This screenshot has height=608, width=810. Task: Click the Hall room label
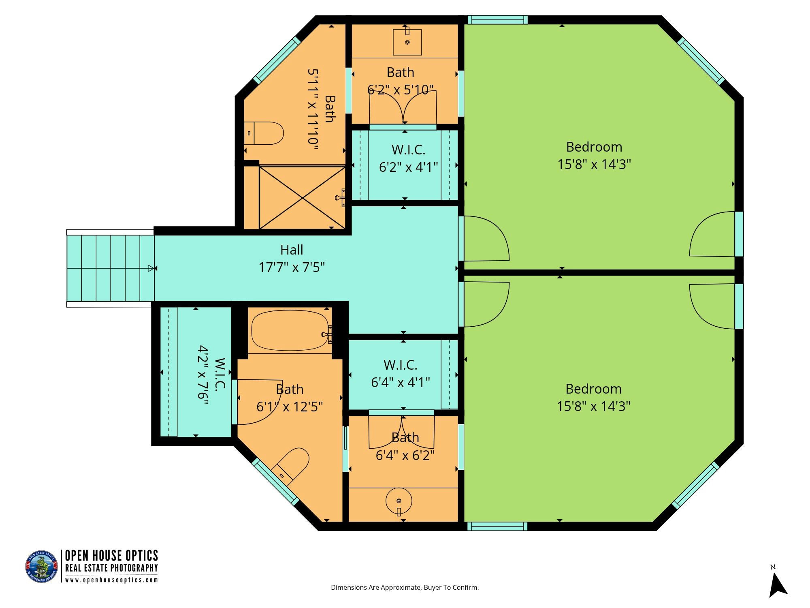(292, 250)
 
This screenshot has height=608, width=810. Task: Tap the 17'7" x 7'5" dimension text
(292, 268)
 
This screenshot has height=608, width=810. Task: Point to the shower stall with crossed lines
(302, 197)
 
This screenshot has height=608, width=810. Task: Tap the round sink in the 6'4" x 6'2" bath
(399, 502)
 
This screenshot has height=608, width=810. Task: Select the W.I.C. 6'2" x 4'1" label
(409, 158)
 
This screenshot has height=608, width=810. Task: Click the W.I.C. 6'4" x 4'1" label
(401, 373)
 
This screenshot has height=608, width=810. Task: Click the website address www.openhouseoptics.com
(111, 580)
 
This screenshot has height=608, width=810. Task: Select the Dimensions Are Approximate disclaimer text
(405, 587)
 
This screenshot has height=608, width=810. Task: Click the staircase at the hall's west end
(110, 268)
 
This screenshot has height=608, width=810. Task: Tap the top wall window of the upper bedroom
(498, 19)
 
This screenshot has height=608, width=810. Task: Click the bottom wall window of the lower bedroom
(498, 527)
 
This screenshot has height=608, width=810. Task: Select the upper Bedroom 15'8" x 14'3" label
(594, 156)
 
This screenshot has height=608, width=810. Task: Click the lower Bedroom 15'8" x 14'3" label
(594, 398)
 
